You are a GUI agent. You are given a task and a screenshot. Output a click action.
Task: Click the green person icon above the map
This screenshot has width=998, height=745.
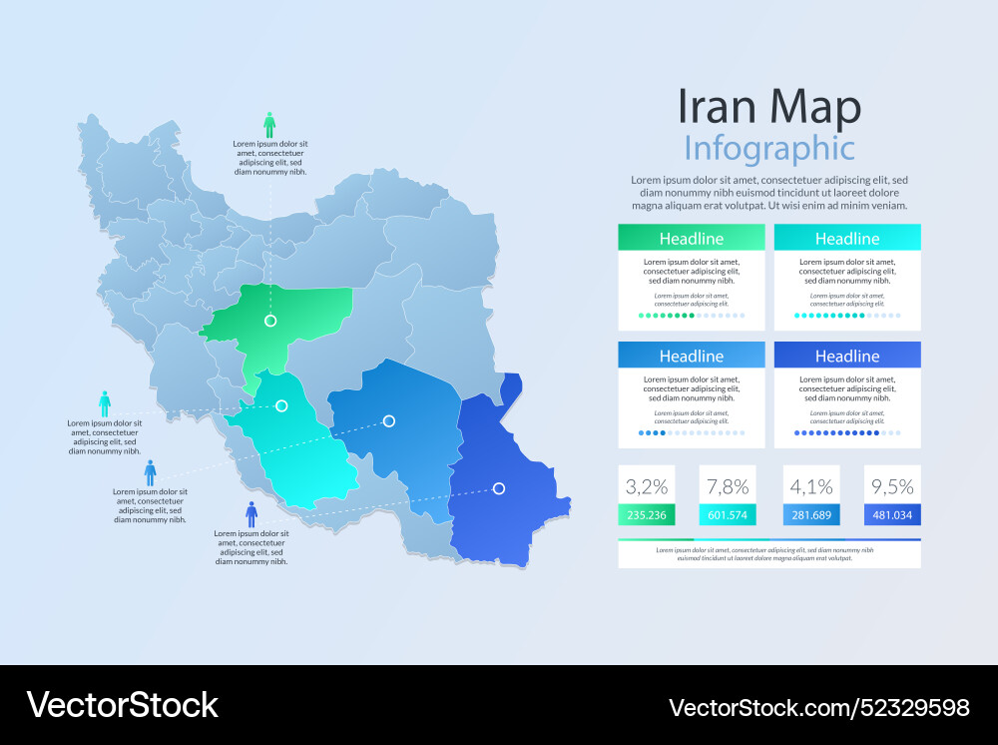click(269, 125)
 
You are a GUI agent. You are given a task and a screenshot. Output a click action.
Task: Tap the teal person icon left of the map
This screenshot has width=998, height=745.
click(105, 403)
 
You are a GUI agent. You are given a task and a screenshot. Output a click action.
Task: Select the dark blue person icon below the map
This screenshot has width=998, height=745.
click(251, 514)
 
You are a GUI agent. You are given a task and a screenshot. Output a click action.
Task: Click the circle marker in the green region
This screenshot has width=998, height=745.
click(270, 321)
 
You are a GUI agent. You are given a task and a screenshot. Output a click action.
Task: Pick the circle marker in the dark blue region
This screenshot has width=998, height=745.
click(499, 488)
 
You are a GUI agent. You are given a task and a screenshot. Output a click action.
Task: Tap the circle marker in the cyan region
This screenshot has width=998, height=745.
click(281, 405)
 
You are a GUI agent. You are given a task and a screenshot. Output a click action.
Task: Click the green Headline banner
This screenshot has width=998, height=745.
click(691, 238)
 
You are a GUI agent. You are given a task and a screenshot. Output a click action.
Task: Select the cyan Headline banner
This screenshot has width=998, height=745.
click(847, 238)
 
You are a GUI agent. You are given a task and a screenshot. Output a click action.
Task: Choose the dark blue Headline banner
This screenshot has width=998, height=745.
click(847, 356)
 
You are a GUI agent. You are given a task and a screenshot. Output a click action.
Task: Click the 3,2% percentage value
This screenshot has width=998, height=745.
click(646, 487)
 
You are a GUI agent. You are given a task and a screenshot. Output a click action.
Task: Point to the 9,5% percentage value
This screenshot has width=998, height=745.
click(892, 487)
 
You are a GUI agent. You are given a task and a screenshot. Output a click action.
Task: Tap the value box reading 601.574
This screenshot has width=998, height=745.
click(727, 515)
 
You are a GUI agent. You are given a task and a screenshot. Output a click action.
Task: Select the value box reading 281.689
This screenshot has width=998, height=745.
click(810, 515)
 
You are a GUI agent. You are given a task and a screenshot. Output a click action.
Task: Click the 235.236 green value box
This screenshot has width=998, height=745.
click(646, 515)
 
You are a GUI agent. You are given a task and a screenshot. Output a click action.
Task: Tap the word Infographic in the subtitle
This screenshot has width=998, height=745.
click(768, 148)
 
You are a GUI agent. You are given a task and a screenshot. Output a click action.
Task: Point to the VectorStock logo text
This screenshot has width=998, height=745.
click(122, 705)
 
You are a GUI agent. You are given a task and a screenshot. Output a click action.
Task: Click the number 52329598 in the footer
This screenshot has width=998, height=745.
click(911, 707)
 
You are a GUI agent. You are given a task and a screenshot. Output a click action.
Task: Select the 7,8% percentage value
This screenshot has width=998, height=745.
click(728, 487)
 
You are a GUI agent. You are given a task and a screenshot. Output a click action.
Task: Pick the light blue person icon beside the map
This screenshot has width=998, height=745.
click(150, 472)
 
